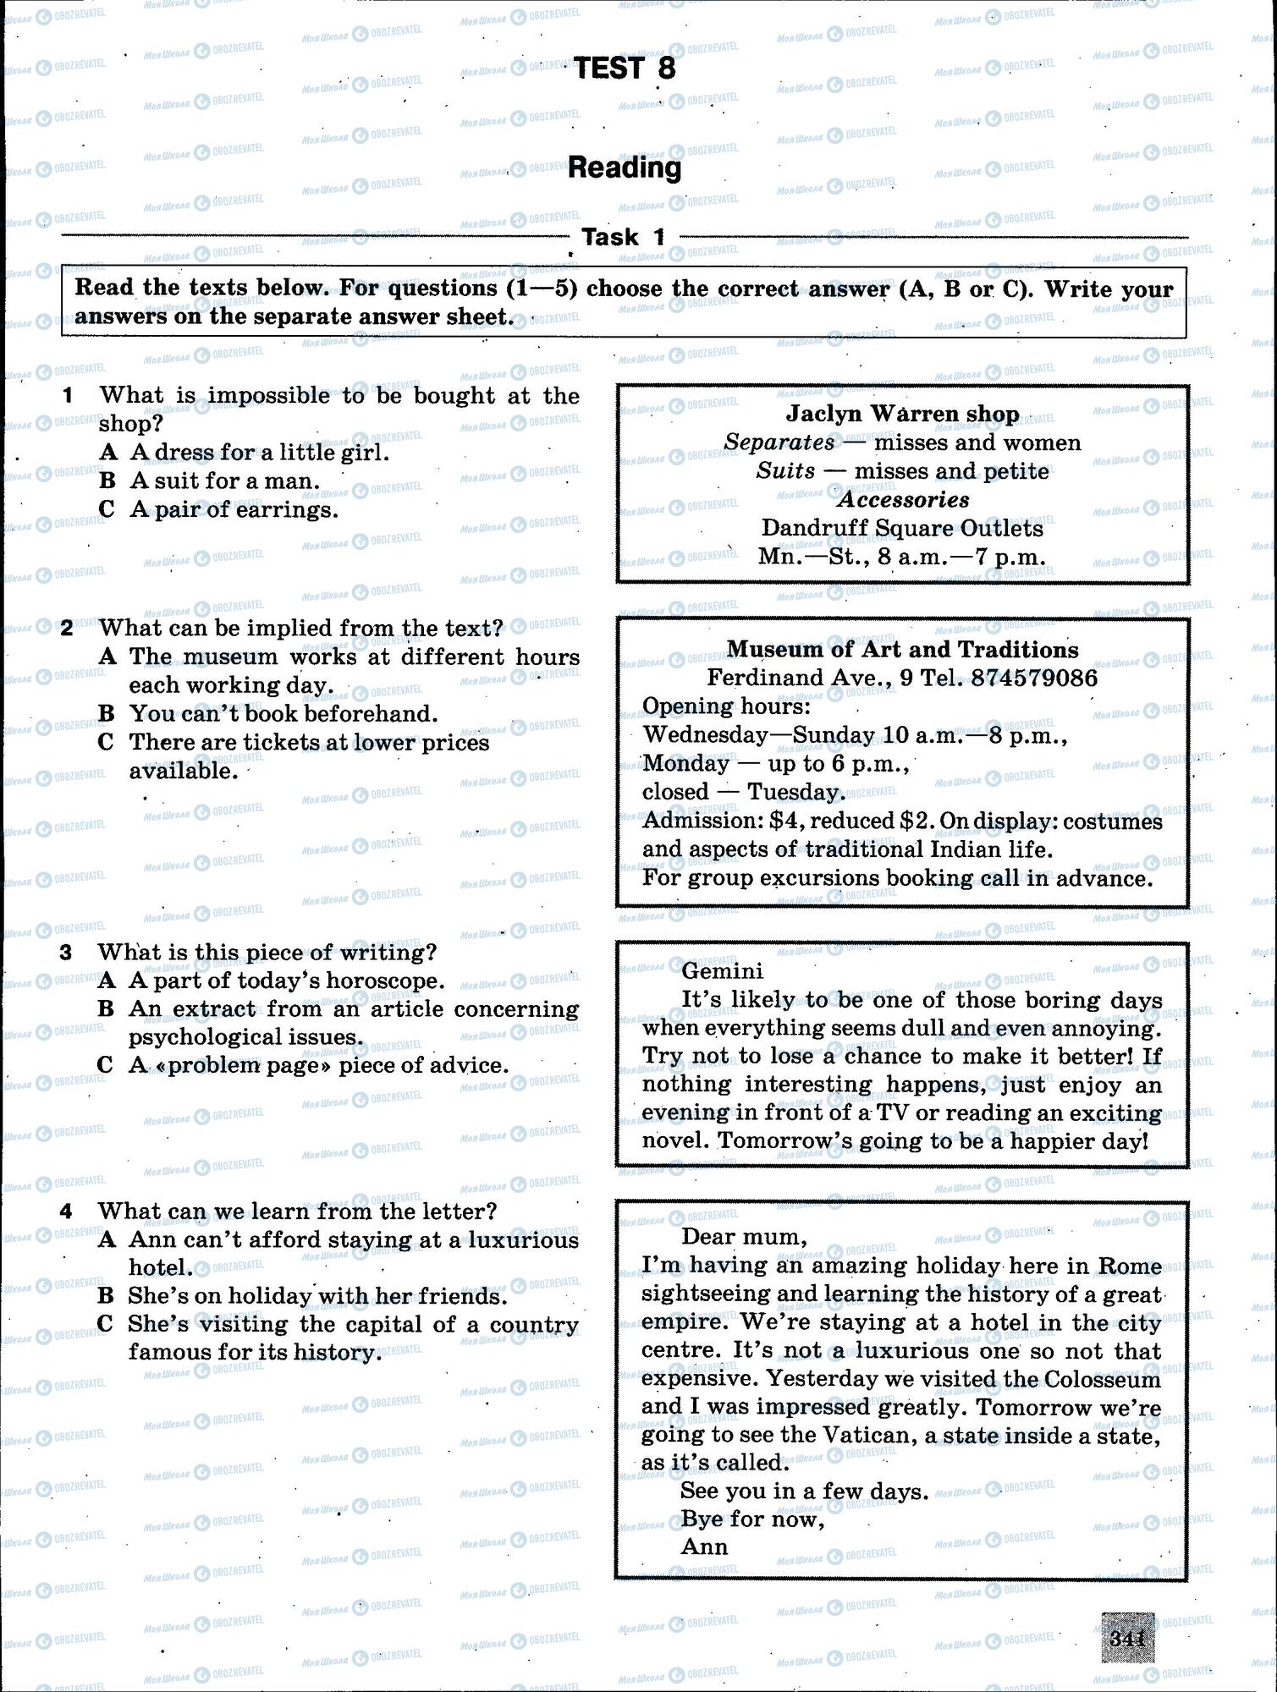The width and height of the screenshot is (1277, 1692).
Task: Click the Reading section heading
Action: click(625, 168)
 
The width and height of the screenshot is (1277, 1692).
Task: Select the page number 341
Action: click(1127, 1639)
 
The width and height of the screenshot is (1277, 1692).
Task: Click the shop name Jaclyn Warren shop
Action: click(902, 414)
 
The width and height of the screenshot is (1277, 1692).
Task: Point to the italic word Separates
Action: click(779, 442)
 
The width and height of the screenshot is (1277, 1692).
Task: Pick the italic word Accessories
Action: click(903, 499)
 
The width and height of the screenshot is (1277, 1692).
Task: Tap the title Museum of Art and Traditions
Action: click(902, 649)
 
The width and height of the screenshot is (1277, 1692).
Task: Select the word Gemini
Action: click(722, 970)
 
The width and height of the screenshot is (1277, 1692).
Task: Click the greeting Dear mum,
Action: click(744, 1236)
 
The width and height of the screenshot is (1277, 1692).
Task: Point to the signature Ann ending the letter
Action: click(703, 1546)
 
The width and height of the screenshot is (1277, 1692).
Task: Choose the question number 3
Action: click(66, 953)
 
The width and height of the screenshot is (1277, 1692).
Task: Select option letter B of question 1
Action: click(107, 481)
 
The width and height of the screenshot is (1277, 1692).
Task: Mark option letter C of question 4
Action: click(105, 1323)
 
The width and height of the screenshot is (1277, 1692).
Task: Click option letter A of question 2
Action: click(107, 656)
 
